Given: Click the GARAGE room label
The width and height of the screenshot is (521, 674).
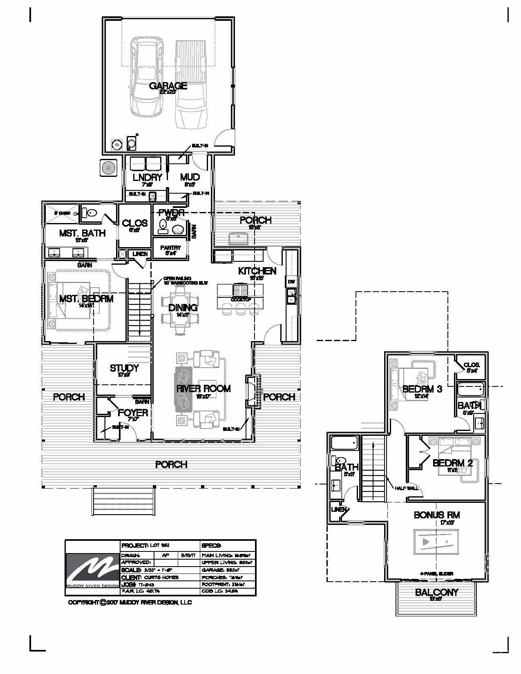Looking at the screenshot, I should (168, 86).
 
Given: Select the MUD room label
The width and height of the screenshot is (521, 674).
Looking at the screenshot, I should (190, 177).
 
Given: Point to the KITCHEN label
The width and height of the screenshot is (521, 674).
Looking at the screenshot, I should (257, 271).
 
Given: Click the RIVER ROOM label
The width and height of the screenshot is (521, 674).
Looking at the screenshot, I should (203, 388).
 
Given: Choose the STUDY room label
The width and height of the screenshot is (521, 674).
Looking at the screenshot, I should (124, 368).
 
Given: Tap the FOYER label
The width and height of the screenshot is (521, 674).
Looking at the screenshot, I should (133, 413).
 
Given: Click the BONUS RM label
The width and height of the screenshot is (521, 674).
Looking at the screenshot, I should (437, 515).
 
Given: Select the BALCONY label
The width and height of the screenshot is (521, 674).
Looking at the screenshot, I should (436, 592).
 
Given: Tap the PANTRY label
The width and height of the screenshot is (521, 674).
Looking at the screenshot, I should (170, 248).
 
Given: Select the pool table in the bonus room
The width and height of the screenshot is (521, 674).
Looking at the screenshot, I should (436, 542).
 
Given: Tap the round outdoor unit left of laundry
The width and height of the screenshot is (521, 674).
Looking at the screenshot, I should (109, 167).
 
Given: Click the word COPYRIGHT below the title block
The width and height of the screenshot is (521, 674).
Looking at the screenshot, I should (83, 603).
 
